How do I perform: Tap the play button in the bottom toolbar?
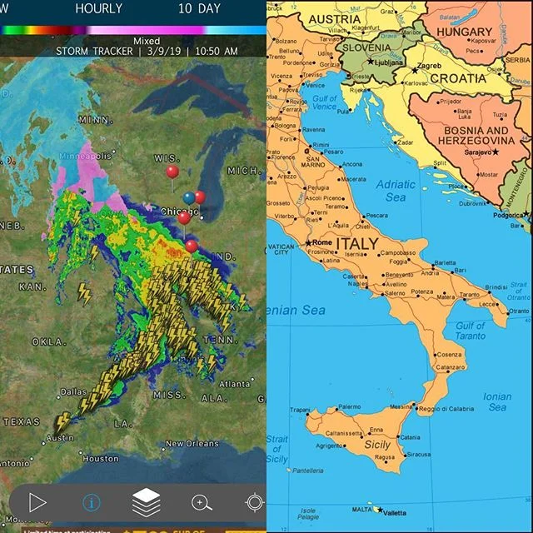[37, 502]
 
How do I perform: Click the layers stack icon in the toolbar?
[147, 502]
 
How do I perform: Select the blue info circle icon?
[91, 503]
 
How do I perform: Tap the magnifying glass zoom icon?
[202, 502]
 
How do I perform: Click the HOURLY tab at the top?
[98, 9]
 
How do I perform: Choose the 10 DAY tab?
[199, 9]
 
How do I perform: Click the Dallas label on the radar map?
[73, 391]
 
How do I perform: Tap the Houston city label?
[101, 459]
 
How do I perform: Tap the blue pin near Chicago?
[189, 198]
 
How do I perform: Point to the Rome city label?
[321, 242]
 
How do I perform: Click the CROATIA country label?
[456, 78]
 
